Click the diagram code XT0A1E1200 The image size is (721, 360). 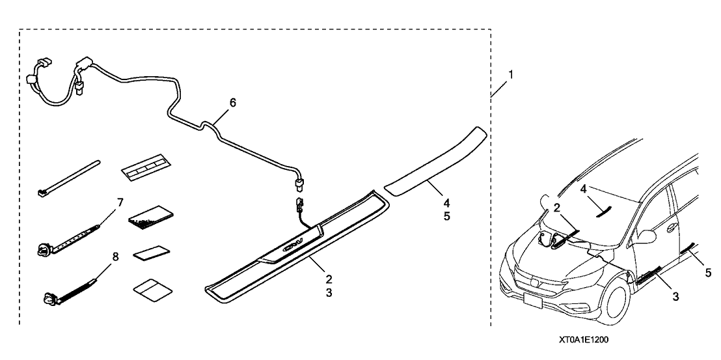pos(583,340)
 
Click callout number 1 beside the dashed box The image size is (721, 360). pos(511,75)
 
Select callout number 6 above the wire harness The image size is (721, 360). pos(233,103)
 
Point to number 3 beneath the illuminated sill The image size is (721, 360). pos(329,293)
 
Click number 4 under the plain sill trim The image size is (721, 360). pos(447,203)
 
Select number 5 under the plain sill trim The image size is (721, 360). pos(447,217)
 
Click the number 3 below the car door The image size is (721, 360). pos(675,296)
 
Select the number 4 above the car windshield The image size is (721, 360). pos(583,189)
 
